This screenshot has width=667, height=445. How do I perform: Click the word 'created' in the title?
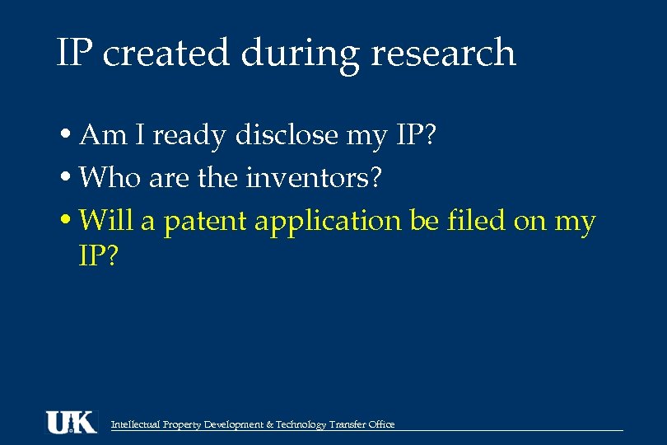[166, 54]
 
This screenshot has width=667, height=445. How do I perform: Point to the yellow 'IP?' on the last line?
[99, 256]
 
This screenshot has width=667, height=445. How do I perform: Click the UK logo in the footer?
[71, 422]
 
